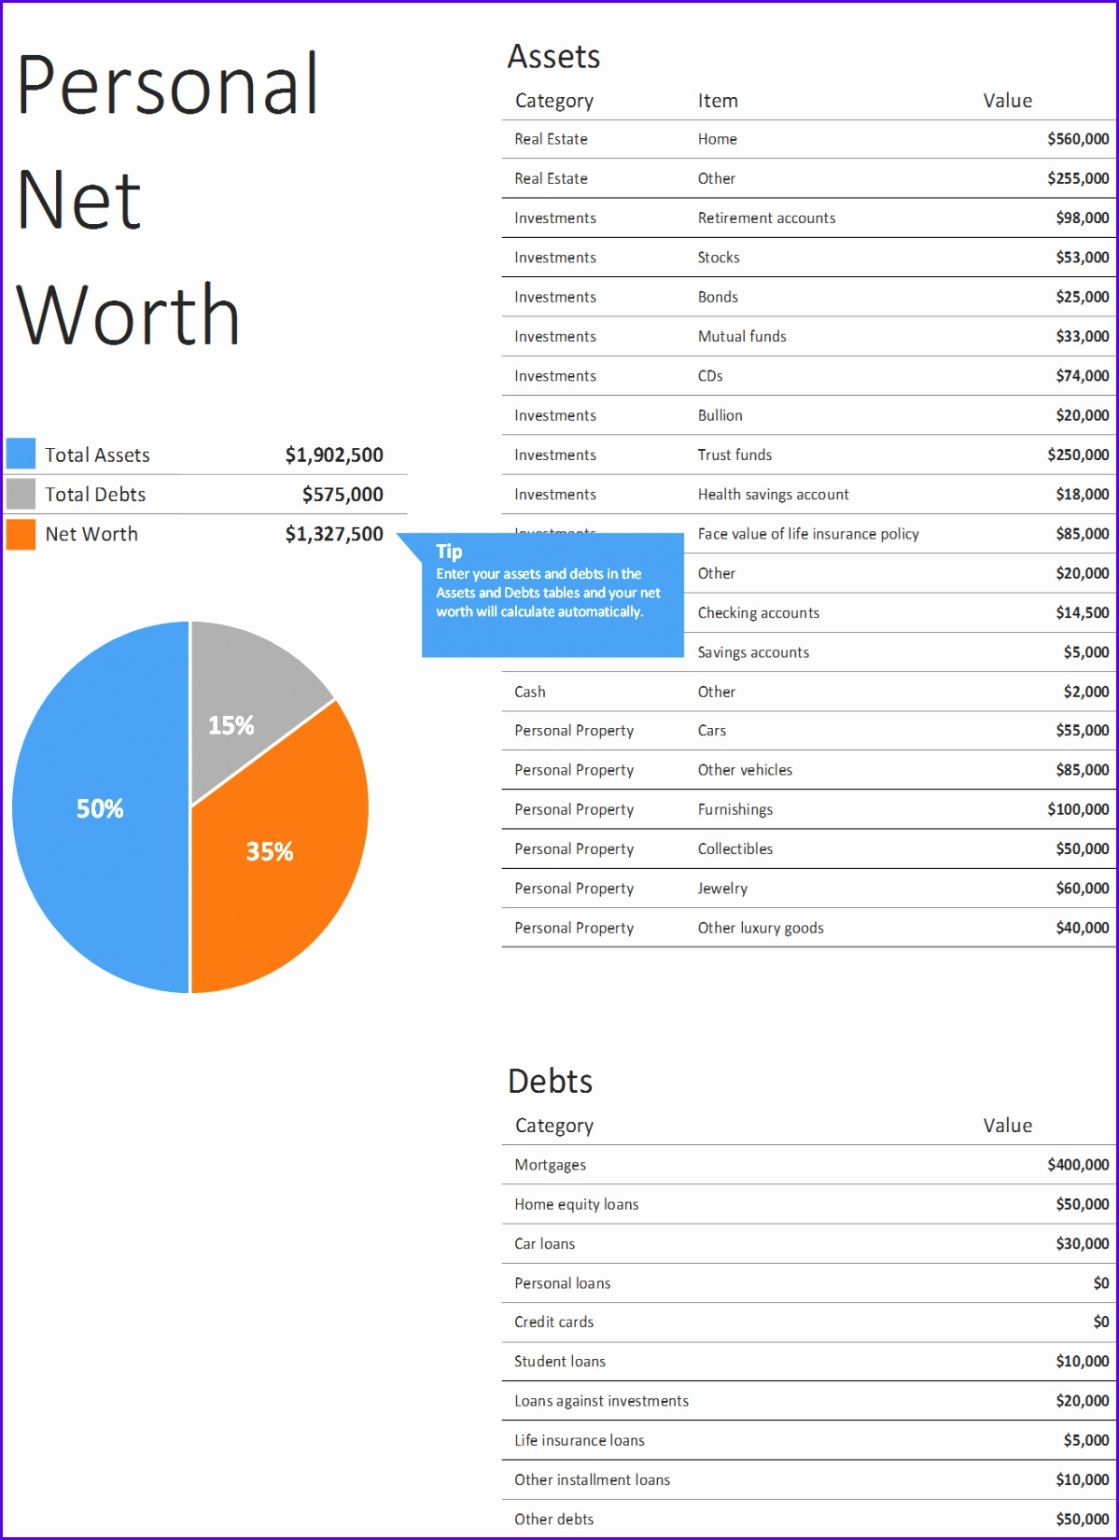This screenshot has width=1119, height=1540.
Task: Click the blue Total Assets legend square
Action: click(x=21, y=454)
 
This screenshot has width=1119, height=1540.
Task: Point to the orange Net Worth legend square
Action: click(x=21, y=534)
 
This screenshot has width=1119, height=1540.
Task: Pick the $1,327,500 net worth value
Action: click(x=334, y=534)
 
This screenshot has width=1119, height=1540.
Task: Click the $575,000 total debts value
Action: click(x=343, y=495)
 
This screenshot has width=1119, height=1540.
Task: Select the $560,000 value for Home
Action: click(x=1078, y=139)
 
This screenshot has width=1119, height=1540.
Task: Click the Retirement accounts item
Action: click(x=766, y=218)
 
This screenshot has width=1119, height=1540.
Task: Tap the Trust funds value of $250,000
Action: click(x=1078, y=455)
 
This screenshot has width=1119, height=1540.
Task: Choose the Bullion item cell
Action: click(x=720, y=415)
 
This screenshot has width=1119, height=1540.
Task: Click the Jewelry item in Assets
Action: click(x=722, y=889)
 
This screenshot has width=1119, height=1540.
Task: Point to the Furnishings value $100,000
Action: click(x=1078, y=810)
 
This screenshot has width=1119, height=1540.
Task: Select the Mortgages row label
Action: click(x=551, y=1165)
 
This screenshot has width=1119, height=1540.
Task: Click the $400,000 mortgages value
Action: click(x=1078, y=1165)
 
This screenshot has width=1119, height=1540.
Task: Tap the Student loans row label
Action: click(x=560, y=1362)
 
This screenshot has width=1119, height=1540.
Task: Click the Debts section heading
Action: click(x=551, y=1081)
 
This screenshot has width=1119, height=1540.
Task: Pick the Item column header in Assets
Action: click(x=718, y=101)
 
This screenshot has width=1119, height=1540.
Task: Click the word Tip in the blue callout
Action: click(x=449, y=552)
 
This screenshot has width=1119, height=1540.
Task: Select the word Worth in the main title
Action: click(x=129, y=315)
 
